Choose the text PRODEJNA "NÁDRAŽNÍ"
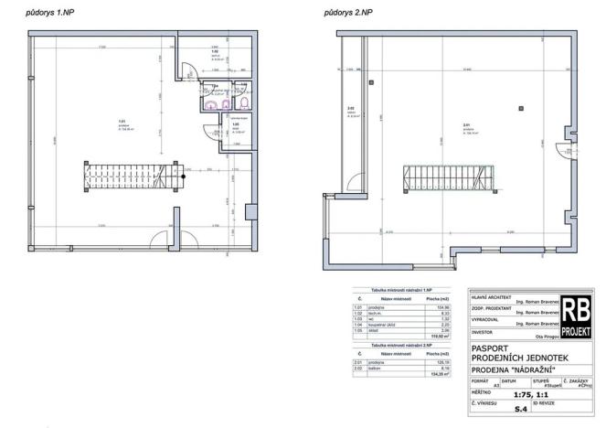[514, 369]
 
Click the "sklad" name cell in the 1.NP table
[376, 330]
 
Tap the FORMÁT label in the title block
[480, 380]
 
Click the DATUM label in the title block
[509, 380]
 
